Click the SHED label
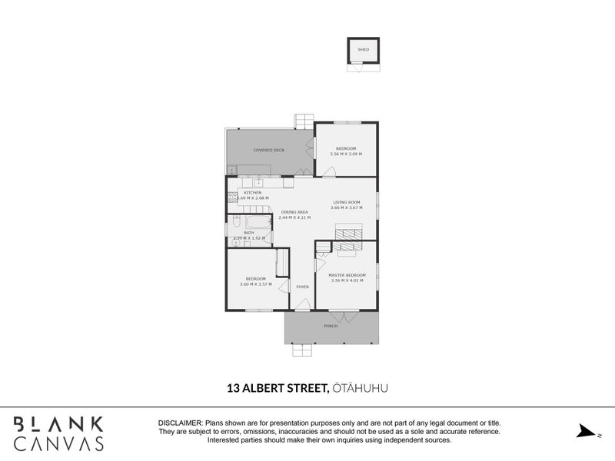coord(364,50)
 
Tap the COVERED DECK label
coord(269,150)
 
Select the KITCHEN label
coord(253,192)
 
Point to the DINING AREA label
coord(294,212)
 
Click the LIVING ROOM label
coord(346,202)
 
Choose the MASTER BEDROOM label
coord(347,275)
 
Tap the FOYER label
coord(304,287)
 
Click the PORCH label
coord(331,326)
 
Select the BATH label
coord(249,232)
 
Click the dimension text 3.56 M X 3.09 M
coord(346,154)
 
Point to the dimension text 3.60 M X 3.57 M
coord(255,284)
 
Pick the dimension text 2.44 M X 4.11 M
coord(294,218)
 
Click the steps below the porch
coord(304,350)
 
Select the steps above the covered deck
coord(304,121)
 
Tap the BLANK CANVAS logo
coord(58,433)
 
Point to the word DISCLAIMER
coord(179,423)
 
